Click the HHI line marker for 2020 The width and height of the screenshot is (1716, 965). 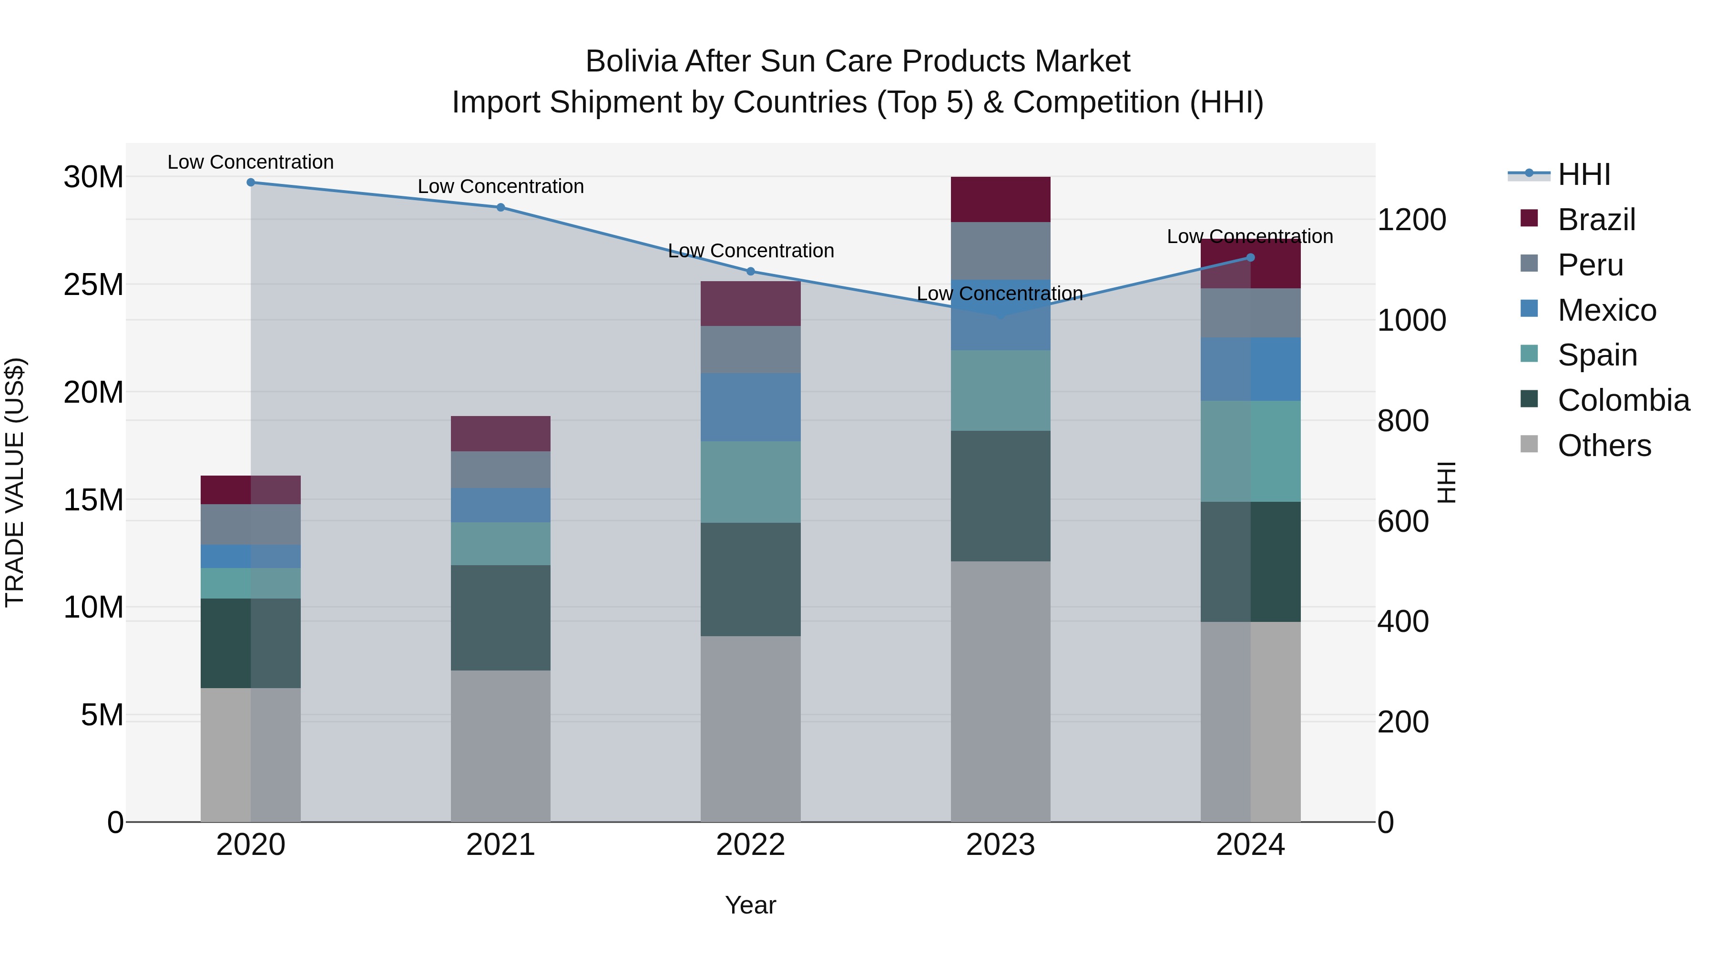(x=250, y=183)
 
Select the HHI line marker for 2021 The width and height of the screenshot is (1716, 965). (x=500, y=207)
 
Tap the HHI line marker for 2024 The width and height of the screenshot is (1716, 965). (x=1250, y=258)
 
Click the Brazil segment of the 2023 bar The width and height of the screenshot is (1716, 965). (x=1000, y=199)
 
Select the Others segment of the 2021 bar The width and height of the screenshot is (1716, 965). (x=500, y=745)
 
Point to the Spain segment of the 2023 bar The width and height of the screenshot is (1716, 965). (x=1000, y=390)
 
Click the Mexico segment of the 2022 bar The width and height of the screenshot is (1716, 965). (x=750, y=407)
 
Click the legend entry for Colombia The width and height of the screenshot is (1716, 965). (x=1623, y=400)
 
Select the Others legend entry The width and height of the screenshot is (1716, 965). (x=1604, y=446)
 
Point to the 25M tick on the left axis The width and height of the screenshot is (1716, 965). (x=93, y=285)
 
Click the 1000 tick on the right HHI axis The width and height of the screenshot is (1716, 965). (x=1411, y=320)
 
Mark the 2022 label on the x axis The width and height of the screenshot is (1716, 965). (x=750, y=845)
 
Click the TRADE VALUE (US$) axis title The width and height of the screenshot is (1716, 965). (x=15, y=482)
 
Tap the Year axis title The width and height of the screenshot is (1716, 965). (x=750, y=905)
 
